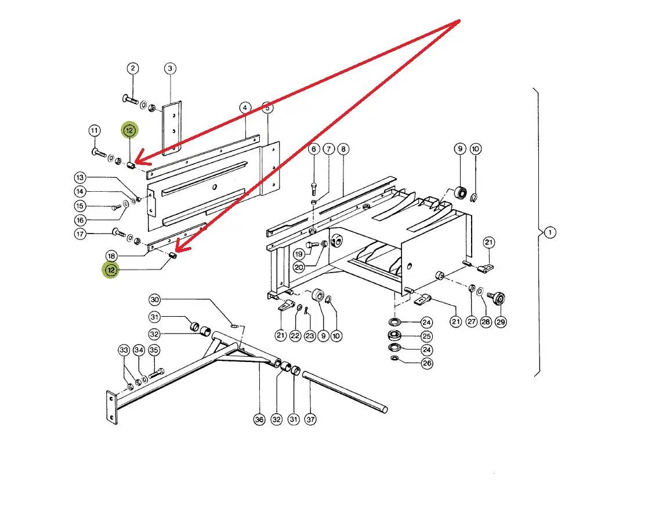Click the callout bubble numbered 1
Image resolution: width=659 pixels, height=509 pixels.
point(550,232)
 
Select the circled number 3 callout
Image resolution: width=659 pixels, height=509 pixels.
point(170,69)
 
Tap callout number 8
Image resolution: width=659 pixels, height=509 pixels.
point(343,149)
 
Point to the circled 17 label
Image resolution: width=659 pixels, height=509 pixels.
point(80,234)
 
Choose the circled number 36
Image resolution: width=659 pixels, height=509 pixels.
point(259,419)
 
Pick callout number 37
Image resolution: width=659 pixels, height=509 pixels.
point(311,419)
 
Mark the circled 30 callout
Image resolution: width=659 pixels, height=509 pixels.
point(154,300)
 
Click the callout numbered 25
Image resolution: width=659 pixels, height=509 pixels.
point(426,336)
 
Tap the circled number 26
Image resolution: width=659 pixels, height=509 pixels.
point(426,364)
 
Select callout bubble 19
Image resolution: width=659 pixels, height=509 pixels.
point(299,254)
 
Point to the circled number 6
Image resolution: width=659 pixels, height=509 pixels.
point(314,149)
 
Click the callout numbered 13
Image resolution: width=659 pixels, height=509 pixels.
point(80,177)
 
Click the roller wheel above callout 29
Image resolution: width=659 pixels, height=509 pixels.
point(498,299)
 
